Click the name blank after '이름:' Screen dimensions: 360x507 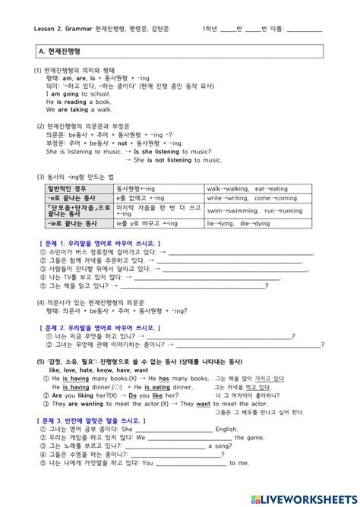(305, 29)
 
